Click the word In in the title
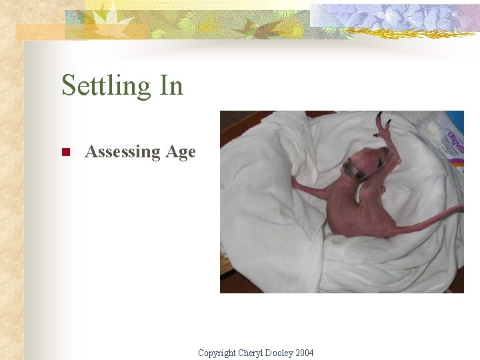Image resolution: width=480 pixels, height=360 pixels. [x=171, y=85]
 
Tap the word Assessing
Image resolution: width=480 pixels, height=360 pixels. [x=123, y=152]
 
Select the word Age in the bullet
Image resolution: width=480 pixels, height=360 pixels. [x=181, y=153]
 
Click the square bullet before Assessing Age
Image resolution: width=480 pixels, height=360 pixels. [x=65, y=153]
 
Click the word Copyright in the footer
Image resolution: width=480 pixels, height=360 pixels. [x=217, y=353]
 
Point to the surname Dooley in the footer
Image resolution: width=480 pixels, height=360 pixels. [x=279, y=353]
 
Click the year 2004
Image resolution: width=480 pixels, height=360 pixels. [x=304, y=353]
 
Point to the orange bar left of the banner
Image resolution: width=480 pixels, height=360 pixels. [x=40, y=32]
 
